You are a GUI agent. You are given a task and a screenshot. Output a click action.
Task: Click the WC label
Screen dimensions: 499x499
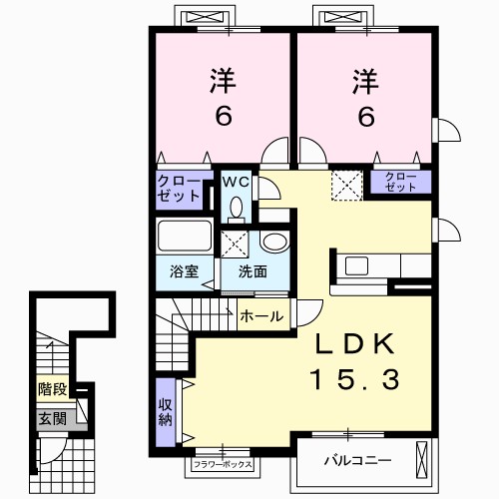236,182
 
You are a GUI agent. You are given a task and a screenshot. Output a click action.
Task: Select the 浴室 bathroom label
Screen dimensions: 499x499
184,271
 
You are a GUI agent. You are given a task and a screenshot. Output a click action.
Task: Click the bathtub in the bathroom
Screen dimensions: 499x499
185,236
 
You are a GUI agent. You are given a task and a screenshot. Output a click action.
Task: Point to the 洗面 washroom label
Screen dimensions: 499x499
252,271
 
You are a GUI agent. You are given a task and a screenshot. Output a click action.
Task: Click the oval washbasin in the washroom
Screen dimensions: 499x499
275,242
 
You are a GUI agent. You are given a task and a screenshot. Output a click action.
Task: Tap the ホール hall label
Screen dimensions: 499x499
261,316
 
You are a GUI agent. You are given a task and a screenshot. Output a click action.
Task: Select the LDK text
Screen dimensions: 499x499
354,343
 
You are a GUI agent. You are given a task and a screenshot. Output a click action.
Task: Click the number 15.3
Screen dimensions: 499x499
354,380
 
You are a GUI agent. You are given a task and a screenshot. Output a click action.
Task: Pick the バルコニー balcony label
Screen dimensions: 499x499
357,461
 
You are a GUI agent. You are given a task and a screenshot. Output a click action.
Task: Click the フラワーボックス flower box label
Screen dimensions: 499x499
223,464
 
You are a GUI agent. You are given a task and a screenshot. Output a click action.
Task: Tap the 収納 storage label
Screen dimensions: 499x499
166,412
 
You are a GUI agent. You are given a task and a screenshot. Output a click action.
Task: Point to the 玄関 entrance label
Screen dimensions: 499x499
53,419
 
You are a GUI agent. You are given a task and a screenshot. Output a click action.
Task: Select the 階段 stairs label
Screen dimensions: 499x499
53,389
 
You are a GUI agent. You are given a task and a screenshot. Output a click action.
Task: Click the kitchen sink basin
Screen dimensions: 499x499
356,266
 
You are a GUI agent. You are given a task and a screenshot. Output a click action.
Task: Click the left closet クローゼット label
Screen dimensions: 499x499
179,189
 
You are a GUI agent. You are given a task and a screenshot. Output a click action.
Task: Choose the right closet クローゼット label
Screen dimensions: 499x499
400,182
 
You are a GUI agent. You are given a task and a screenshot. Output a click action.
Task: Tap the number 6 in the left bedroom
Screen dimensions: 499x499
224,117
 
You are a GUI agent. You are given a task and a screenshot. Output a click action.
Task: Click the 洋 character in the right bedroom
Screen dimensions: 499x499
366,81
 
